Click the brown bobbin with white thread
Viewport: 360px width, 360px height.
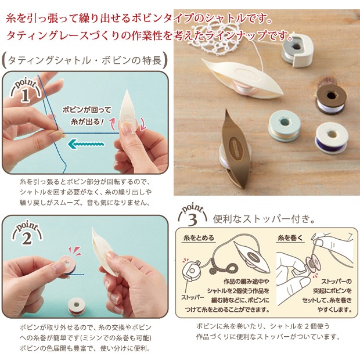point(332,96)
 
